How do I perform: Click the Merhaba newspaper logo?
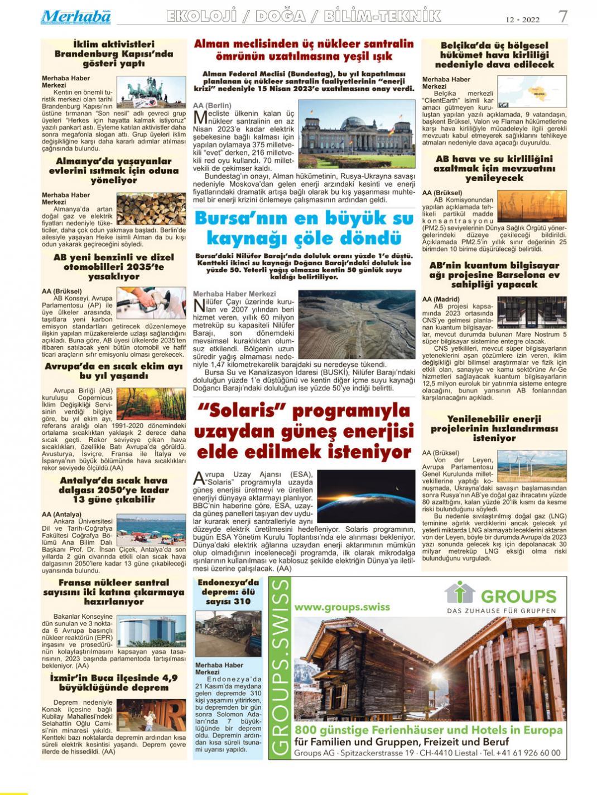tap(76, 17)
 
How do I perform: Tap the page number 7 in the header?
tap(563, 16)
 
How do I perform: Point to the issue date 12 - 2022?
tap(523, 20)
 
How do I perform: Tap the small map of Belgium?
tap(538, 91)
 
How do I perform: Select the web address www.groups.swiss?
tap(342, 607)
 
